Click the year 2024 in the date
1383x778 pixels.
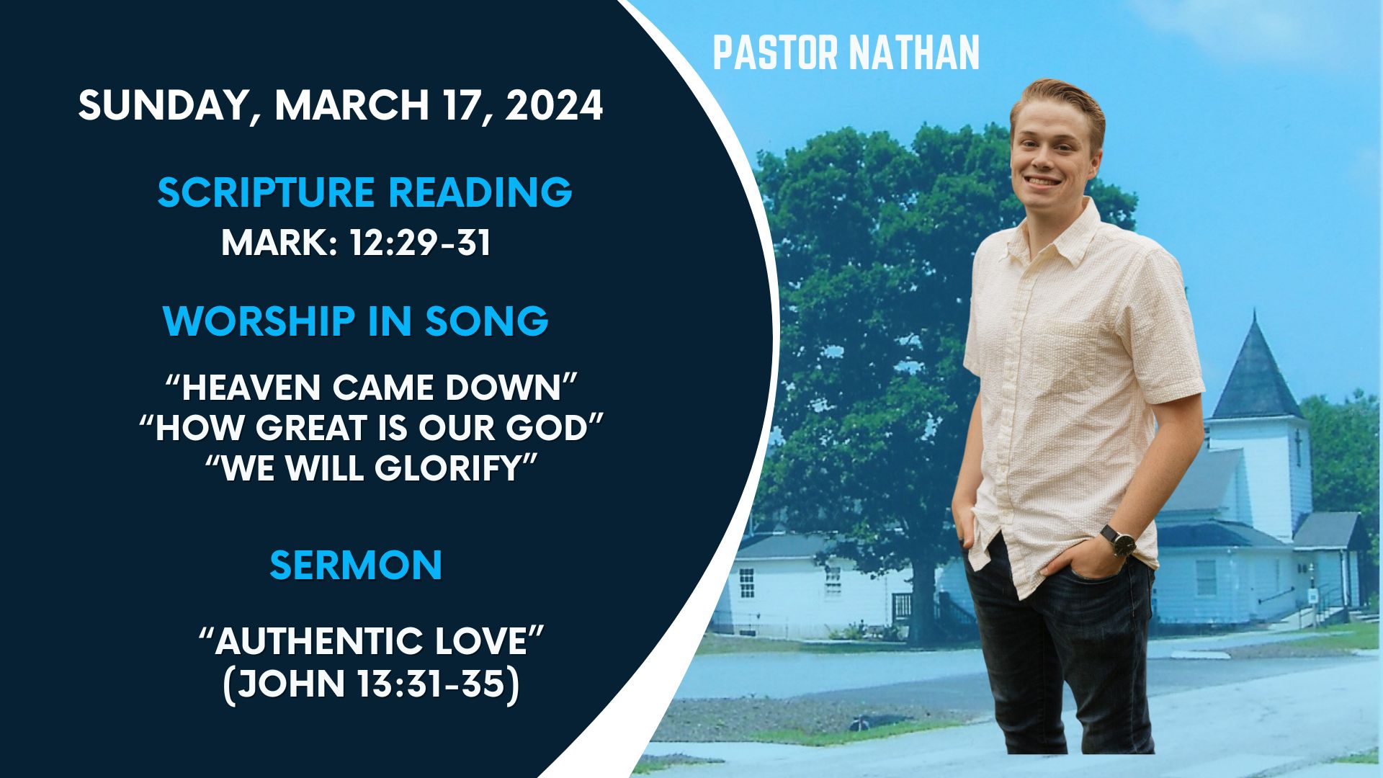click(x=554, y=105)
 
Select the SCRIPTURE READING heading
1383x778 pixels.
click(x=364, y=192)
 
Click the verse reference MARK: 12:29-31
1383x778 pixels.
click(x=356, y=243)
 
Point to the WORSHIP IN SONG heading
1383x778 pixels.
click(x=356, y=321)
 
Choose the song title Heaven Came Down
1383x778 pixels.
click(x=372, y=387)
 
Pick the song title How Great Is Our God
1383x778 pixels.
click(x=371, y=427)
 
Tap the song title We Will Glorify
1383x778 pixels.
click(x=372, y=468)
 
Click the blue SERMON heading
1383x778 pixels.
click(x=356, y=565)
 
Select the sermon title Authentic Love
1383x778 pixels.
click(x=372, y=640)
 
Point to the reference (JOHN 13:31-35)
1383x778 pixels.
click(x=371, y=684)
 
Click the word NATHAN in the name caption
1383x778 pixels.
click(x=913, y=53)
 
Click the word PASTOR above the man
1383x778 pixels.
click(x=776, y=53)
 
